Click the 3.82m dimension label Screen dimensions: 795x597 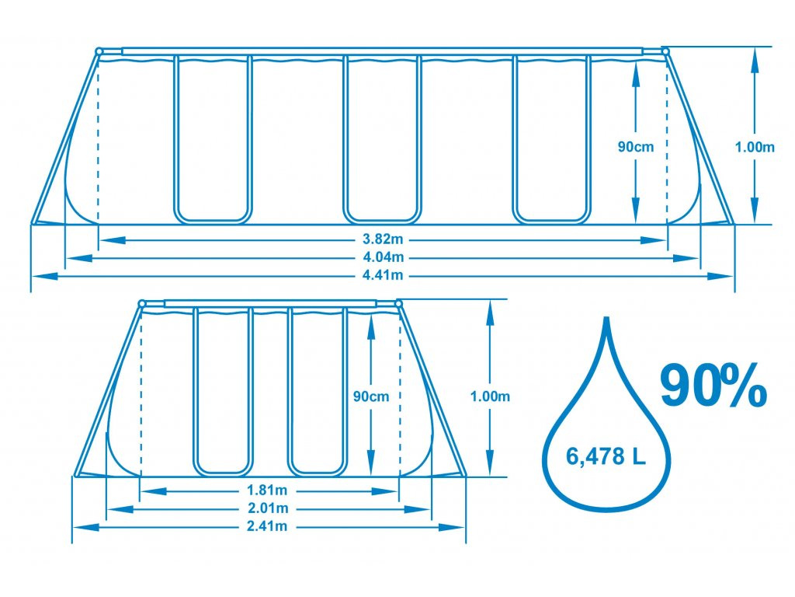click(x=383, y=239)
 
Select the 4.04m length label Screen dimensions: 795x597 click(x=383, y=257)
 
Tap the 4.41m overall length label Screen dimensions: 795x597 click(x=383, y=276)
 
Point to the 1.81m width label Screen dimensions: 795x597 click(x=267, y=491)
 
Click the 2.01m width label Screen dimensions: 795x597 click(x=268, y=508)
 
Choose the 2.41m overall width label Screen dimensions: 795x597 click(x=267, y=526)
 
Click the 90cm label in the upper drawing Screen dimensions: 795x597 click(x=635, y=147)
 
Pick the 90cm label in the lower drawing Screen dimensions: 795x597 click(x=370, y=396)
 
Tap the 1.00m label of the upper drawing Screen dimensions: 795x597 click(x=755, y=147)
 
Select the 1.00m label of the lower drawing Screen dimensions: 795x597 click(x=490, y=396)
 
